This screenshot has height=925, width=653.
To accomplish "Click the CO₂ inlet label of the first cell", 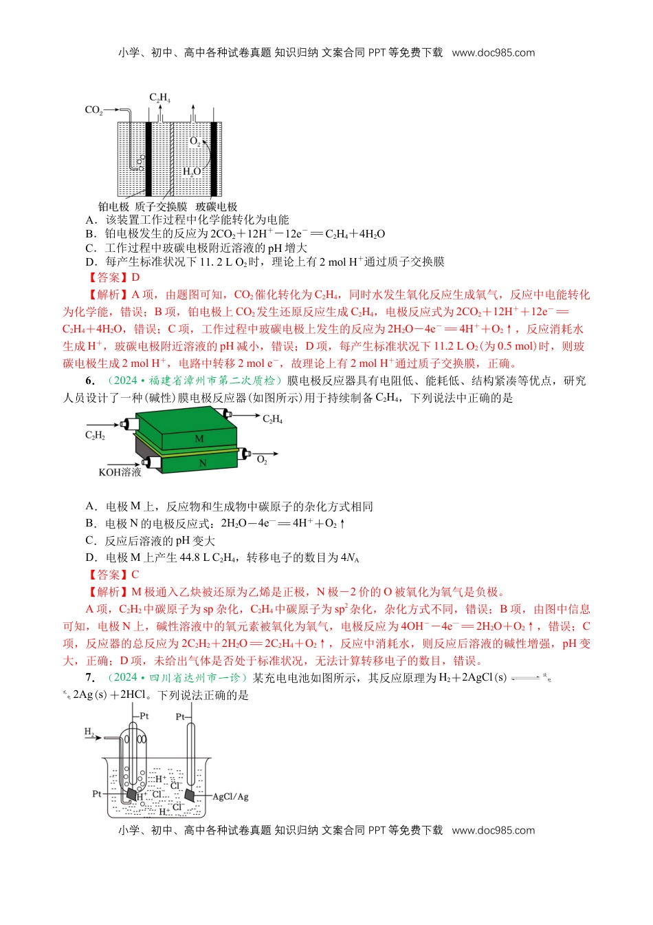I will coord(93,110).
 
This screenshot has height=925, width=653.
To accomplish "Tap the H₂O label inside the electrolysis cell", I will coord(192,171).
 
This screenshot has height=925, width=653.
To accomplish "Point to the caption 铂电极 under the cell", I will coord(113,206).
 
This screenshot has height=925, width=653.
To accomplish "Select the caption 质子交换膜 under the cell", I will coord(161,206).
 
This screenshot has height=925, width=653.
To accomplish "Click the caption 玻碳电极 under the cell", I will coord(217,206).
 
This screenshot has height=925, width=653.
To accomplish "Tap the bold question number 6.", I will coord(89,381).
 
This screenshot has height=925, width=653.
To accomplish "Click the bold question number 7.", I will coord(89,678).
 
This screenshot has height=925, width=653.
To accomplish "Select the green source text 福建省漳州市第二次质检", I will coord(212,381).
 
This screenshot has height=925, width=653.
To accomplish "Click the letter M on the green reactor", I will coord(199,438).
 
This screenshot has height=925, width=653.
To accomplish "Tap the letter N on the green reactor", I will coord(203,463).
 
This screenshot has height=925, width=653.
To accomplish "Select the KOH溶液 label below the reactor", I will coord(120,472).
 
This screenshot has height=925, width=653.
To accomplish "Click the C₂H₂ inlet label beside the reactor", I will coord(95,435).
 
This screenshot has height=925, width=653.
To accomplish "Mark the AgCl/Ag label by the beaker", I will coord(230,796).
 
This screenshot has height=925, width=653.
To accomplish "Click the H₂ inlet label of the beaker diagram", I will coord(89,732).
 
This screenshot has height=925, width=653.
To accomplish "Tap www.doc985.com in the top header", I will coord(493,52).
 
